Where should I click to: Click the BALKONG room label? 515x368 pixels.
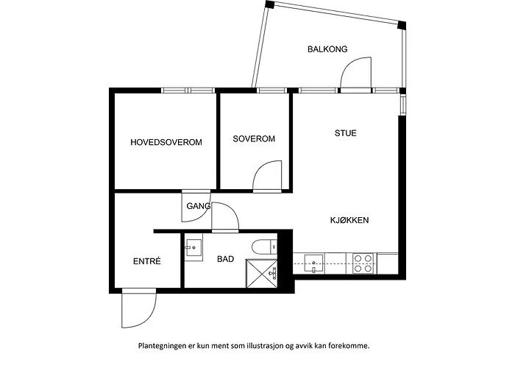[x=327, y=49]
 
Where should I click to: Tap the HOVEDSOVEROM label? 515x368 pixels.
[x=166, y=142]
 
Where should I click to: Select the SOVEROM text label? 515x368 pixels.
[x=254, y=138]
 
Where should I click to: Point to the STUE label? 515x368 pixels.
[x=346, y=133]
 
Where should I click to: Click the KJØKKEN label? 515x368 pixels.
[x=349, y=220]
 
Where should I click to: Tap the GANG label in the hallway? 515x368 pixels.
[x=199, y=206]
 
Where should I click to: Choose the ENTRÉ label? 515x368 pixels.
[x=147, y=261]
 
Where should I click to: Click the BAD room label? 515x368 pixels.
[x=226, y=259]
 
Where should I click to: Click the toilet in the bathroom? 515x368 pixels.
[x=264, y=247]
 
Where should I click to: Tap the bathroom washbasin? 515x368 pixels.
[x=193, y=247]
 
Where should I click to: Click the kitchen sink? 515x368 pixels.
[x=313, y=263]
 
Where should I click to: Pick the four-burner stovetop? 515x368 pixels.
[x=363, y=263]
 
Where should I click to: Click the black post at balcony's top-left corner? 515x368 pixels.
[x=269, y=4]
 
